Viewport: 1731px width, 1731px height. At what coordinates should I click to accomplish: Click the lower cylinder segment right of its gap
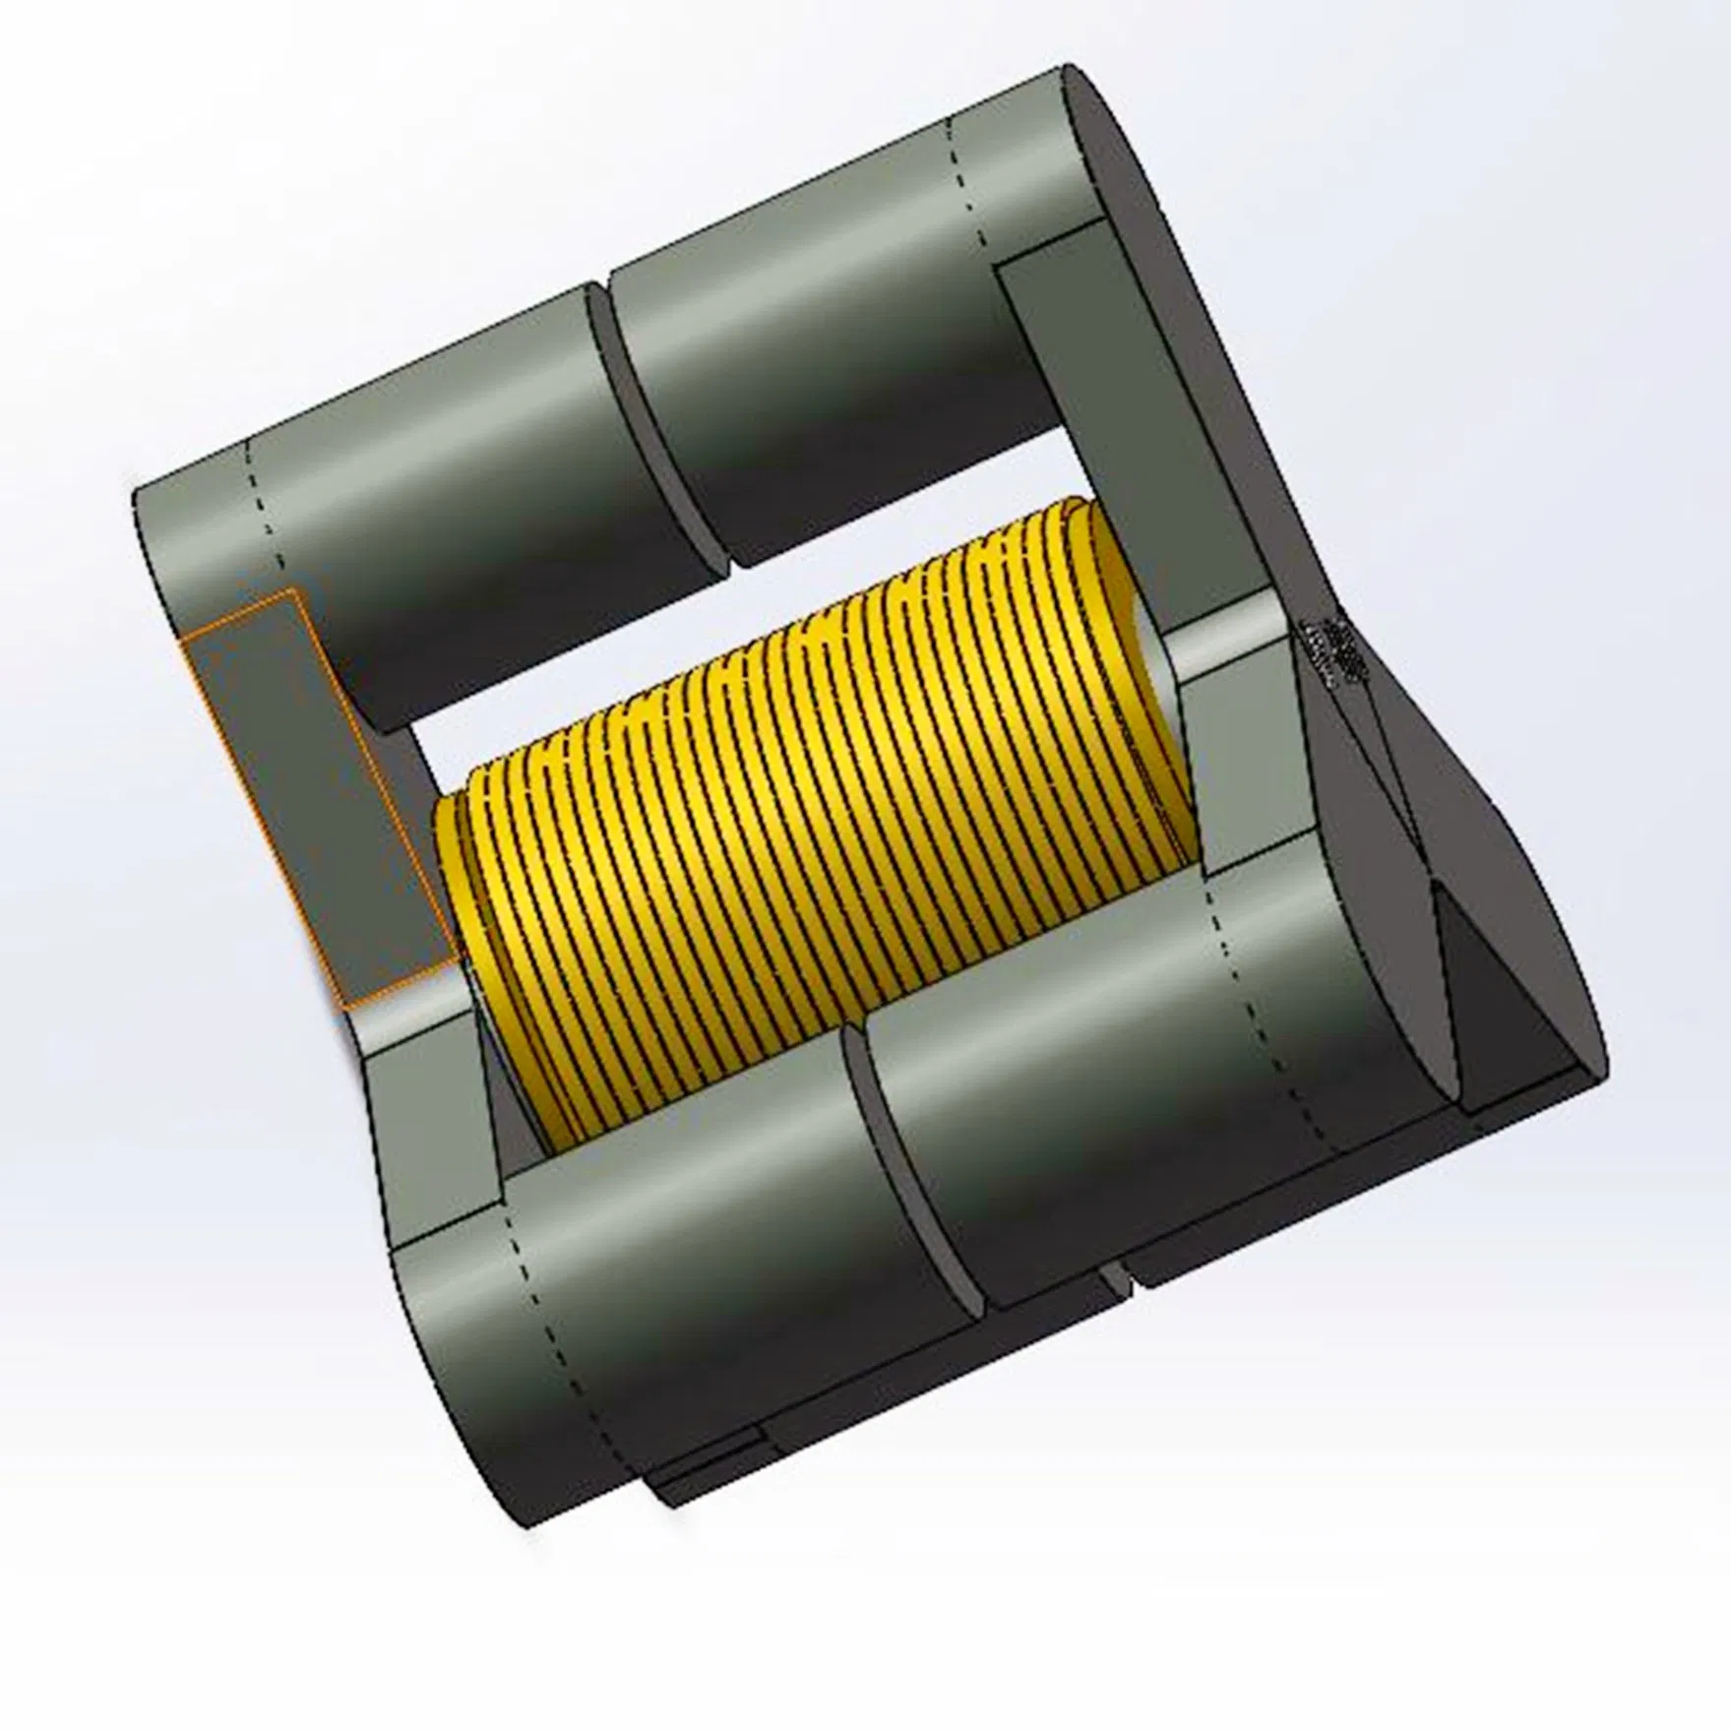(1132, 1082)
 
